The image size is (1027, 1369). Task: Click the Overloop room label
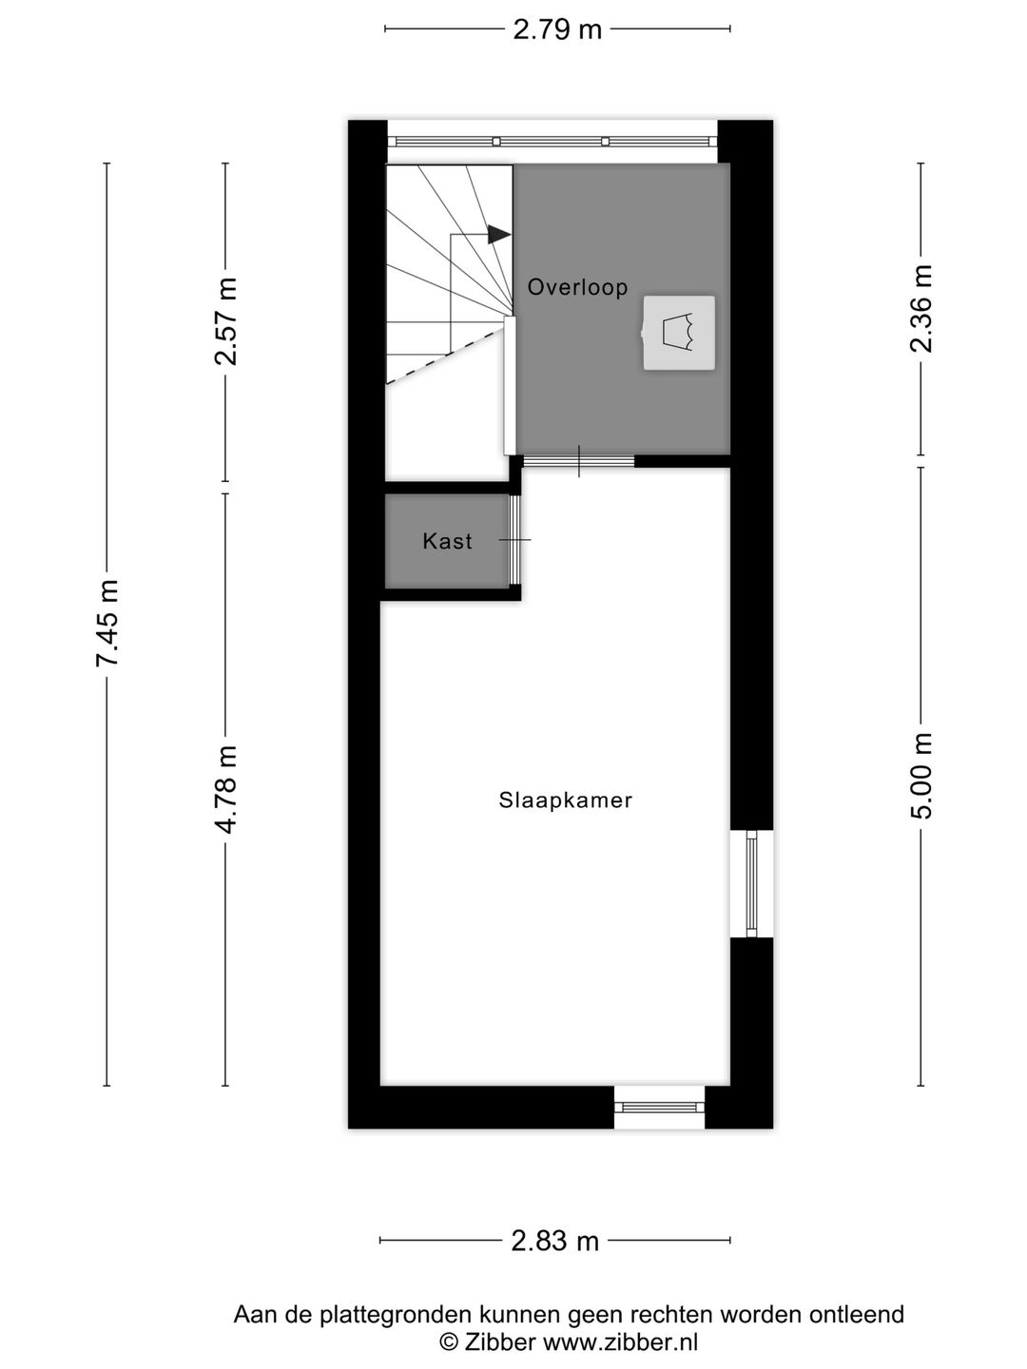(577, 286)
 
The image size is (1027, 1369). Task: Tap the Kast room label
(447, 541)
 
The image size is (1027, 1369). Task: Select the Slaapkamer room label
(565, 800)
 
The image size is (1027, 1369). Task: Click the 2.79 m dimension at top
(557, 29)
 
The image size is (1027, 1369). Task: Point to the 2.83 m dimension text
(555, 1241)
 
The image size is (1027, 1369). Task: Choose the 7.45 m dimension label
(107, 623)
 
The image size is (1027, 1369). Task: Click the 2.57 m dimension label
(226, 321)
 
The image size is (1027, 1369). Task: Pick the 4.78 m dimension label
(226, 789)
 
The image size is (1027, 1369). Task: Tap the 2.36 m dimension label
(921, 309)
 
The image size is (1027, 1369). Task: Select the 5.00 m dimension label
(921, 776)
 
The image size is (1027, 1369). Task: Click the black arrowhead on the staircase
(498, 234)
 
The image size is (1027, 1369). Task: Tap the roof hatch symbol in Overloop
(679, 333)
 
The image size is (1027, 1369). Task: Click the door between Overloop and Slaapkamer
(579, 461)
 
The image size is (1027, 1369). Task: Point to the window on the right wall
(751, 884)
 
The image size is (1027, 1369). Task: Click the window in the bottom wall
(659, 1107)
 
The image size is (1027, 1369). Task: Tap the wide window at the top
(552, 142)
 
